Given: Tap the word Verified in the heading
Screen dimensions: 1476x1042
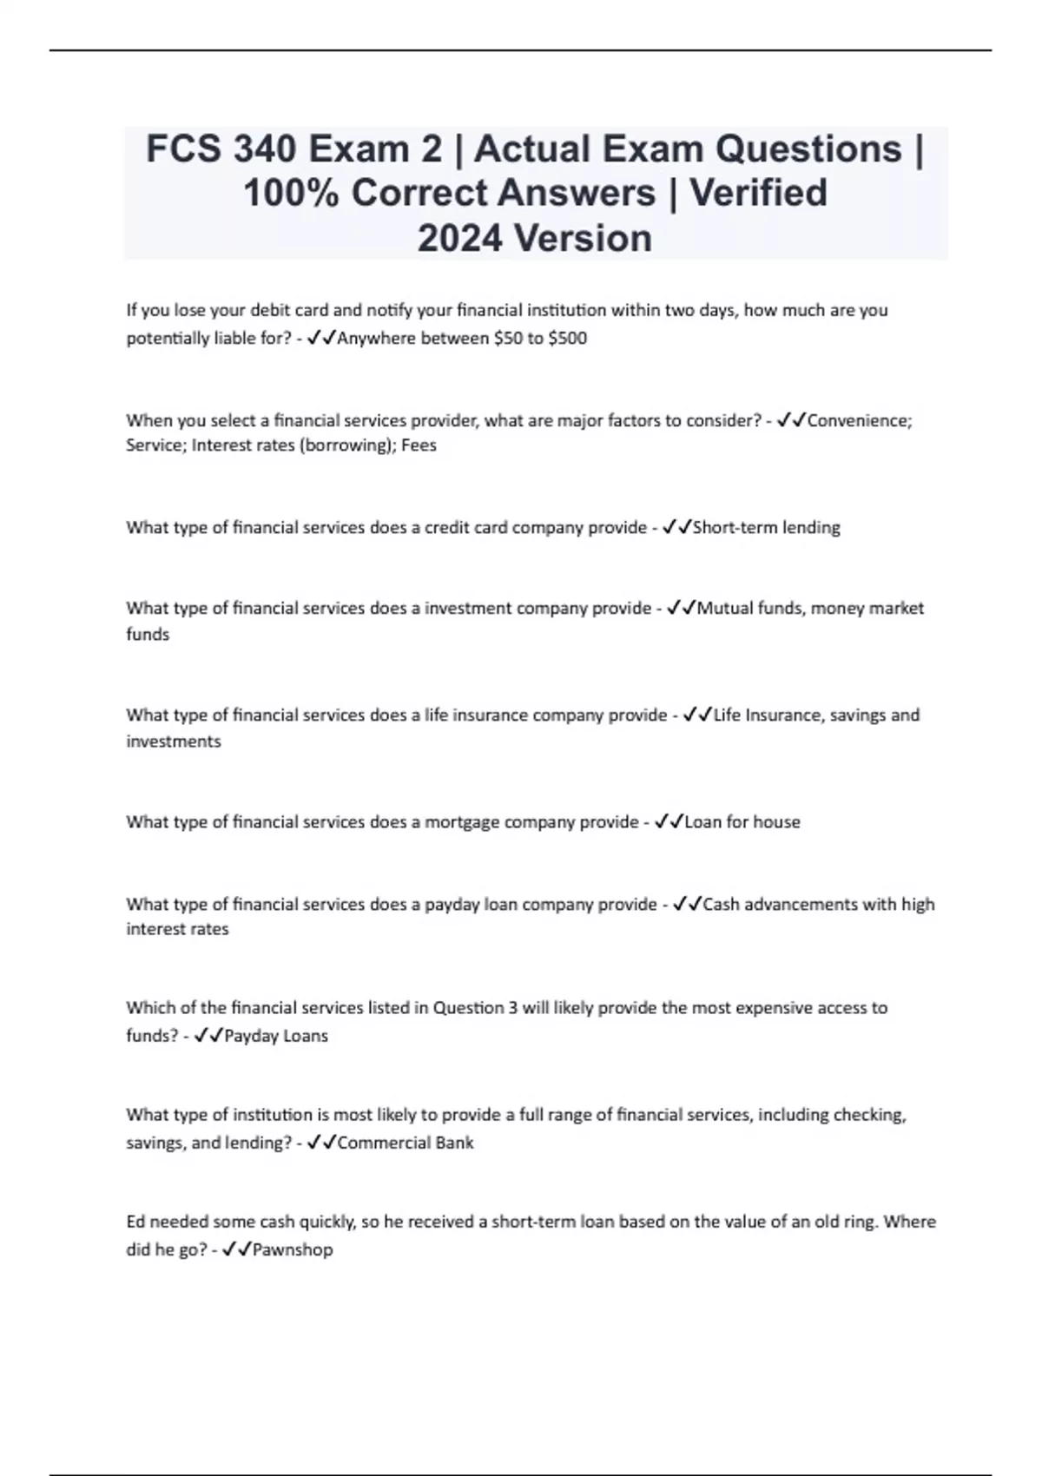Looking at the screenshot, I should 758,193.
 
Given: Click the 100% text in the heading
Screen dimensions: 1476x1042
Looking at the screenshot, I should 291,193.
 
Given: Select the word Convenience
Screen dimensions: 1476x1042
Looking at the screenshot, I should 859,420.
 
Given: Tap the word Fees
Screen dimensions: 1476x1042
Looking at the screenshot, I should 419,445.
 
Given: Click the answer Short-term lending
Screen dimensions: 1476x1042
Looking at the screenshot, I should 766,527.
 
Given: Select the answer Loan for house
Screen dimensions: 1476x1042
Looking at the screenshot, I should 742,821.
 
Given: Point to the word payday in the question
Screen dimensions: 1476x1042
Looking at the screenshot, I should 452,905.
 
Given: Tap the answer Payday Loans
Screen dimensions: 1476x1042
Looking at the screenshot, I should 276,1036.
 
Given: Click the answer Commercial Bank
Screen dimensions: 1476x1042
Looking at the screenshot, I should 406,1143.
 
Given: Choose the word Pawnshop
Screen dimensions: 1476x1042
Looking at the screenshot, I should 293,1249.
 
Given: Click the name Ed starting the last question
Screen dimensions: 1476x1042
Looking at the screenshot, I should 135,1222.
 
